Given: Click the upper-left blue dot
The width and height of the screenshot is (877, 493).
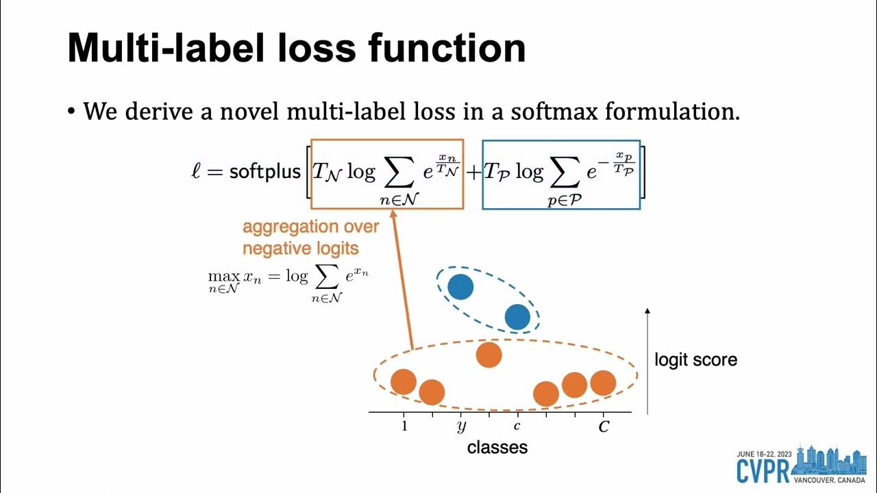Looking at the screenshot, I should pyautogui.click(x=460, y=287).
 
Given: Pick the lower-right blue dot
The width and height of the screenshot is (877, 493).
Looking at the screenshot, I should pyautogui.click(x=517, y=317).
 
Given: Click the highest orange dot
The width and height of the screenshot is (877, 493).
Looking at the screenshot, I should pyautogui.click(x=489, y=355).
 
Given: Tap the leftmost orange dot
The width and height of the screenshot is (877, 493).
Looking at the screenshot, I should pyautogui.click(x=404, y=381).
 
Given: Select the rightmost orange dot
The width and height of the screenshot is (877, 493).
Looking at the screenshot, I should pyautogui.click(x=603, y=383).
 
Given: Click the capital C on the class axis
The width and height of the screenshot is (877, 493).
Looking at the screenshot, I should pyautogui.click(x=604, y=427).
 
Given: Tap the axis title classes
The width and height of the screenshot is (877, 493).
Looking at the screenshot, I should pyautogui.click(x=497, y=448).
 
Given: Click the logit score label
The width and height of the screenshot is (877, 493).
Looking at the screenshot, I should pyautogui.click(x=695, y=359).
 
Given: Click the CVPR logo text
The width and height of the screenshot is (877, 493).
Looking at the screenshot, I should pyautogui.click(x=762, y=471).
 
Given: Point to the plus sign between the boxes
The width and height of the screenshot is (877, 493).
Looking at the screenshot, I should pyautogui.click(x=473, y=173).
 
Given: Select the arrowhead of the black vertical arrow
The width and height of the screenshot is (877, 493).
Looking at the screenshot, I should pyautogui.click(x=647, y=312).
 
